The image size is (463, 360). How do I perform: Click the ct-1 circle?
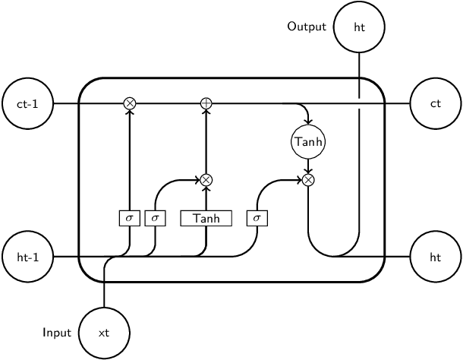(x=27, y=103)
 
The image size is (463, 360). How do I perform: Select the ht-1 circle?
(x=27, y=257)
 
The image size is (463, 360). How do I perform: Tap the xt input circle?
(x=104, y=333)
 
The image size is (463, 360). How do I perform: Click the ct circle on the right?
(x=436, y=103)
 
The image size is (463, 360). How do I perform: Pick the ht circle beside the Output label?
(x=359, y=27)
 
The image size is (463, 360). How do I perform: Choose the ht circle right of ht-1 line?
(x=436, y=257)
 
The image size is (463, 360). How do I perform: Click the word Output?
(x=307, y=27)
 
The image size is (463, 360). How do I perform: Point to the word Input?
(x=57, y=333)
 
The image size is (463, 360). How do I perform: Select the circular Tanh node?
(x=308, y=141)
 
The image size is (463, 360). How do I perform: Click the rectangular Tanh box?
(x=206, y=218)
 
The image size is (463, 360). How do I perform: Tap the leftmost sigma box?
(x=129, y=218)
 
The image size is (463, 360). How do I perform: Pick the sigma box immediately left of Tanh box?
(x=155, y=218)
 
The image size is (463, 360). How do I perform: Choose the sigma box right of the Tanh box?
(x=257, y=218)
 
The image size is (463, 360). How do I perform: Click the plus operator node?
(x=206, y=103)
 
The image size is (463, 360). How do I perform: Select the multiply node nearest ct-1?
(x=129, y=103)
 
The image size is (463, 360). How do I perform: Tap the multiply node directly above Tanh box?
(x=206, y=180)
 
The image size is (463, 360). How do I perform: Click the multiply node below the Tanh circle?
(x=308, y=180)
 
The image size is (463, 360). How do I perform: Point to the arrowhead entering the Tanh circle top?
(x=308, y=122)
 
